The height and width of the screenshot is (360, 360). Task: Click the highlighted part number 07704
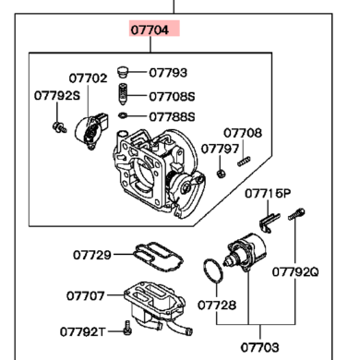pos(150,30)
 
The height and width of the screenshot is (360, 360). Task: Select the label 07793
pos(168,73)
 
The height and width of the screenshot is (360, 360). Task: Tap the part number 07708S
pos(172,97)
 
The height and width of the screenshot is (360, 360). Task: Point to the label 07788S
pos(172,117)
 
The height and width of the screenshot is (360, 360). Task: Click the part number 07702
pos(88,78)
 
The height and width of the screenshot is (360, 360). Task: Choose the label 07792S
pos(57,95)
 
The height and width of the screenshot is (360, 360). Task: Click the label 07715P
pos(268,194)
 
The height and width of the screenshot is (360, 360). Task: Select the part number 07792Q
pos(295,271)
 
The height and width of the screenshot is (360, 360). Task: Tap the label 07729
pos(92,255)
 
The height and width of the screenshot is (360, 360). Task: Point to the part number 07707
pos(86,296)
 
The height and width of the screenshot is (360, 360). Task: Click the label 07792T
pos(82,331)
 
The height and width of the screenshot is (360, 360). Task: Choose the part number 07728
pos(217,306)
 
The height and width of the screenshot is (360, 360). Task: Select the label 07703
pos(259,347)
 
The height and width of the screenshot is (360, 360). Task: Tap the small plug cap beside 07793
pos(123,72)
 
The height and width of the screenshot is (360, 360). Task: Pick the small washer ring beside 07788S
pos(123,115)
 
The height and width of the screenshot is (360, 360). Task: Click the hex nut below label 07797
pos(221,174)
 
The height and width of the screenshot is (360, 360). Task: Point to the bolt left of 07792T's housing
pos(127,328)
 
